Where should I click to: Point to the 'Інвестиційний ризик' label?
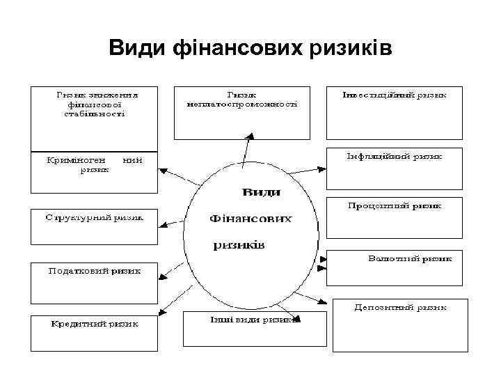[x=394, y=95]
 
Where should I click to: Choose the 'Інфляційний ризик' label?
[x=394, y=157]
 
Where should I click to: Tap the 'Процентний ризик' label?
[x=395, y=206]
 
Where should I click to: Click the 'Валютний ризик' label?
[x=409, y=258]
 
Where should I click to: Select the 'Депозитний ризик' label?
[x=399, y=306]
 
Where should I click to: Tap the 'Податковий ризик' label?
[x=93, y=271]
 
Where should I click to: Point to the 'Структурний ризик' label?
[x=94, y=217]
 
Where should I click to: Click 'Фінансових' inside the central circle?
[x=250, y=219]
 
